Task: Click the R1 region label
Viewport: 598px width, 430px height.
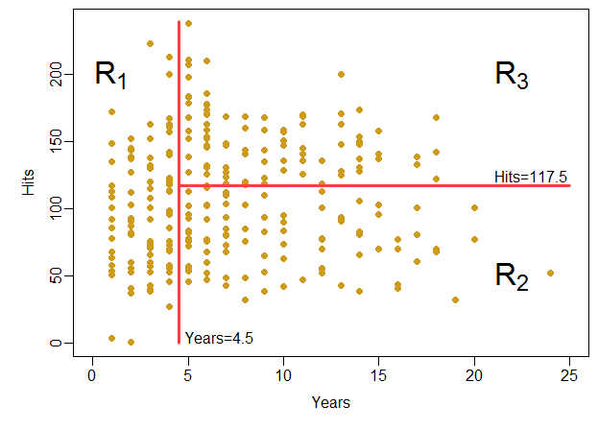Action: pos(111,74)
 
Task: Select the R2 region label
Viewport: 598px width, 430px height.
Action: pos(512,276)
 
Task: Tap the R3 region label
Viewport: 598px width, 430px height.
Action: pos(512,75)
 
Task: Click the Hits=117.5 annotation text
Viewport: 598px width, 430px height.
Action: pos(531,176)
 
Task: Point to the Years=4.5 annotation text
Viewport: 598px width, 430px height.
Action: pos(219,338)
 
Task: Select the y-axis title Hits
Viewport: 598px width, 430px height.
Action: pos(28,187)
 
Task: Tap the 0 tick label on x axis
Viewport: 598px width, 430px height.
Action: pos(92,375)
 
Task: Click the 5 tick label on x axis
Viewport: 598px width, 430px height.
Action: pos(188,375)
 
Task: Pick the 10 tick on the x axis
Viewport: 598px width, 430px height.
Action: pos(283,375)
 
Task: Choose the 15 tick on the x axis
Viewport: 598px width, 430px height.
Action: pos(379,375)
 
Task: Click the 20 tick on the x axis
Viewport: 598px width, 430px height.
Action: pos(474,375)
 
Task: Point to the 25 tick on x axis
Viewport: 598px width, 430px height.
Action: pos(570,375)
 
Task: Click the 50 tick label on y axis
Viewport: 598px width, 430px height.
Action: pos(57,276)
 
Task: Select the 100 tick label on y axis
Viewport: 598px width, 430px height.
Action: pos(57,209)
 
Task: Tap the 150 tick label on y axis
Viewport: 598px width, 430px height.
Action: pos(57,142)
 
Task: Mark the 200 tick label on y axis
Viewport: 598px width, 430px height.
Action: pos(57,74)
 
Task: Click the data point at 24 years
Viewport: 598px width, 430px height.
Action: pos(550,273)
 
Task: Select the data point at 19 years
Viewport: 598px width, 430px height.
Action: pos(455,299)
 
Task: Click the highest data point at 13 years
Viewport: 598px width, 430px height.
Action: pos(341,74)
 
